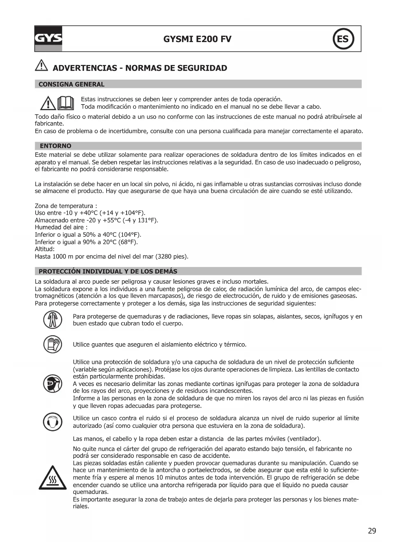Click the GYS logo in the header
click(48, 39)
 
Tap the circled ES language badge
click(343, 39)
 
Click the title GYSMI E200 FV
click(197, 39)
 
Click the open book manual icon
click(66, 103)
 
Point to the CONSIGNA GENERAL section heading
click(71, 84)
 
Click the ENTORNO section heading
click(55, 146)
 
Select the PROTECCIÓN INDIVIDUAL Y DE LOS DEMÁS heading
click(108, 272)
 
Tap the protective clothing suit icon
click(53, 320)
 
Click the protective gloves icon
click(53, 344)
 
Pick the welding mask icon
click(53, 384)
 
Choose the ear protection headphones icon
click(53, 422)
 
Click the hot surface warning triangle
click(53, 478)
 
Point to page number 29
click(372, 531)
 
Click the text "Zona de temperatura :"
click(66, 206)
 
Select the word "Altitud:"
click(45, 249)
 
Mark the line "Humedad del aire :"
click(61, 228)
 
